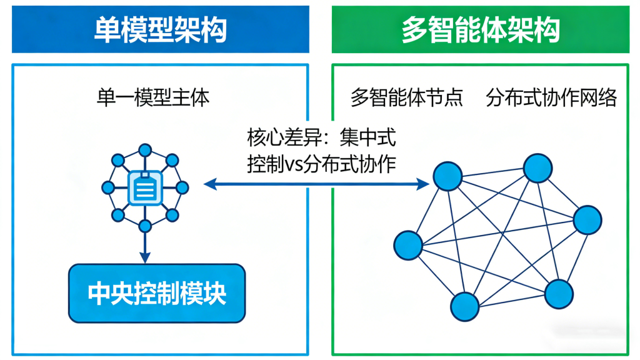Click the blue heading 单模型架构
(160, 29)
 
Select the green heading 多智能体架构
(480, 29)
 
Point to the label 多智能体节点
(407, 98)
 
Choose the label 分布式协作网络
(551, 98)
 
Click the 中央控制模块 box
(157, 292)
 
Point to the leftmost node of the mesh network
(409, 244)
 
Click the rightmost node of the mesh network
(587, 220)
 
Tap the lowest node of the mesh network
(465, 307)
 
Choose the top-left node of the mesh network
(448, 176)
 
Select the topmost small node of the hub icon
(145, 150)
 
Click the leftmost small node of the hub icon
(107, 187)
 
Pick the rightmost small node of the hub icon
(182, 187)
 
